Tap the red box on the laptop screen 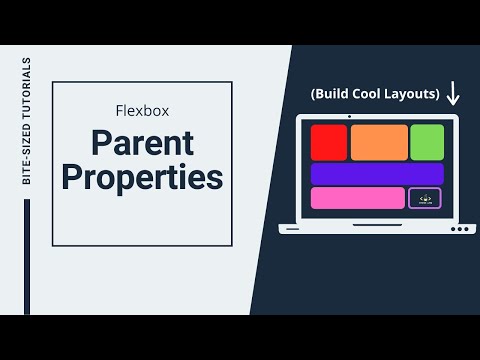point(329,142)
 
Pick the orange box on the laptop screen point(378,142)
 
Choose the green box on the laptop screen point(427,142)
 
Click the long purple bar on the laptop point(377,174)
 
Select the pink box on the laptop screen point(357,198)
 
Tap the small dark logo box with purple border point(425,198)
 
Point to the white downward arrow point(453,94)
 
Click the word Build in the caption point(336,94)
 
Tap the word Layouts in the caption point(414,94)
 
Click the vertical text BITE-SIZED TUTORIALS point(27,121)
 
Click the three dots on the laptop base point(459,229)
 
